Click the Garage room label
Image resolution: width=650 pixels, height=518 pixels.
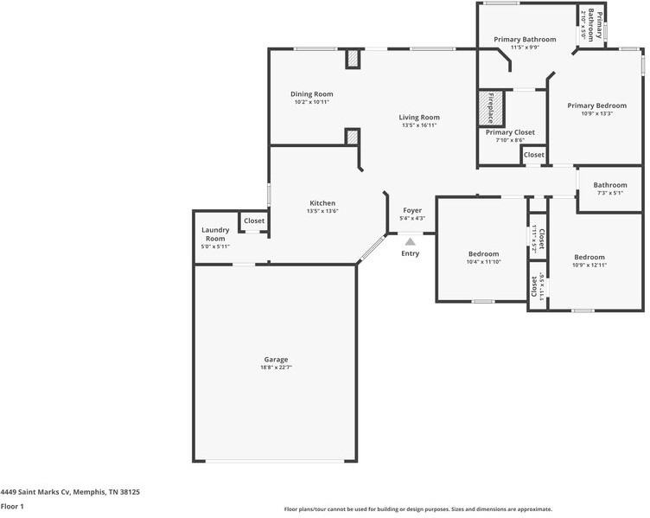pyautogui.click(x=276, y=359)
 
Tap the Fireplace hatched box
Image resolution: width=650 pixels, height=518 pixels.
pyautogui.click(x=487, y=108)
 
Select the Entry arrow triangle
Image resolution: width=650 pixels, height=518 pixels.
pyautogui.click(x=410, y=241)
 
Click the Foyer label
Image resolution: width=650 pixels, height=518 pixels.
pyautogui.click(x=412, y=210)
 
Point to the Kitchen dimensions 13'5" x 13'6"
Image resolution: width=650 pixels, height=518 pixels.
pyautogui.click(x=322, y=211)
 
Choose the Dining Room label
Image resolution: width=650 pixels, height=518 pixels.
pyautogui.click(x=311, y=94)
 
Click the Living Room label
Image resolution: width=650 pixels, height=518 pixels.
pyautogui.click(x=419, y=118)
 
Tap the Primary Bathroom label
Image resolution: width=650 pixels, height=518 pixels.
pyautogui.click(x=525, y=39)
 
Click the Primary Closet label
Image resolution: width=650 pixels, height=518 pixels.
pyautogui.click(x=510, y=132)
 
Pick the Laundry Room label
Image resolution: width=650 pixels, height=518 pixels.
pyautogui.click(x=214, y=233)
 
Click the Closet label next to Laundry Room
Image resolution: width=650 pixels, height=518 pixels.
pyautogui.click(x=254, y=221)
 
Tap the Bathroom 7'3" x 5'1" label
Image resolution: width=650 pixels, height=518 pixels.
pyautogui.click(x=609, y=184)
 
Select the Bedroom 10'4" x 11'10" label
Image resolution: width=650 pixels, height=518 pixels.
pyautogui.click(x=483, y=254)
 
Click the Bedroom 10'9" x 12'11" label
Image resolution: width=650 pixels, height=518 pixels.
pyautogui.click(x=589, y=257)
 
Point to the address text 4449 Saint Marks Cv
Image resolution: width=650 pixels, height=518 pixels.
pyautogui.click(x=70, y=491)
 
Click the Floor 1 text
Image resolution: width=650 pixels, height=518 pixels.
pyautogui.click(x=12, y=506)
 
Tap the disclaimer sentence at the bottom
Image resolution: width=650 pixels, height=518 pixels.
pyautogui.click(x=418, y=509)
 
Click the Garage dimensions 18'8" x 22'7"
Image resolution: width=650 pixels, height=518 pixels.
pyautogui.click(x=276, y=368)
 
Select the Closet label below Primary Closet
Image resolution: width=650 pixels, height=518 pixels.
pyautogui.click(x=534, y=155)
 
